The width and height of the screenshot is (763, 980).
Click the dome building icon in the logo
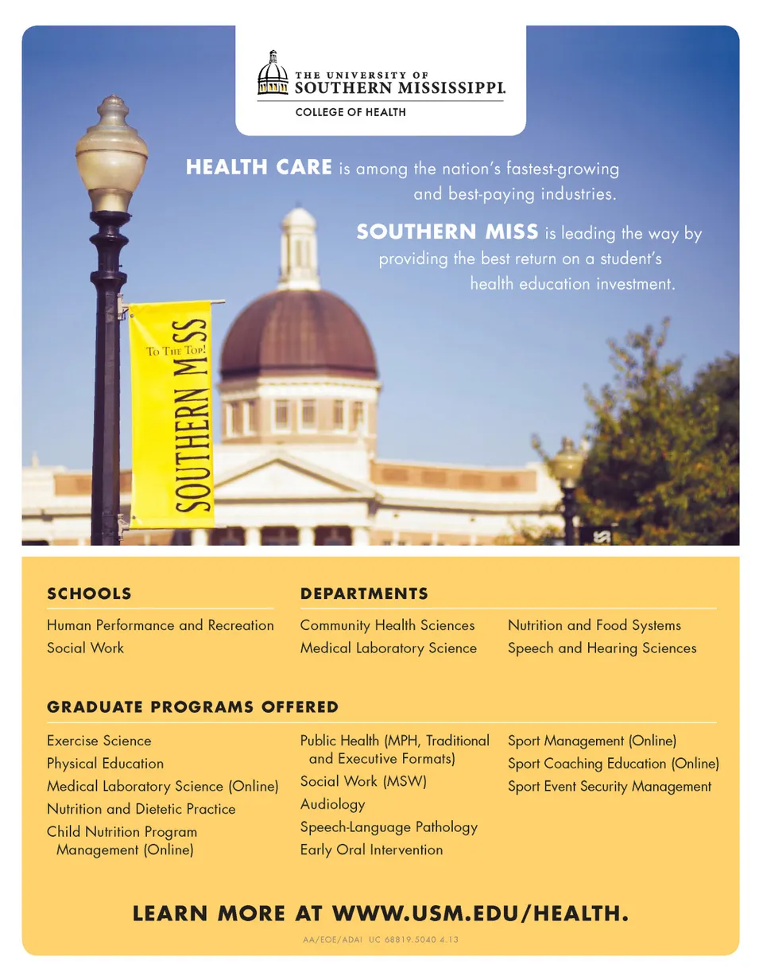pos(273,74)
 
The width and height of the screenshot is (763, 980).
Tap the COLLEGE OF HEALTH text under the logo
pos(350,112)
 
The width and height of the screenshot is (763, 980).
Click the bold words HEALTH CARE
pos(258,169)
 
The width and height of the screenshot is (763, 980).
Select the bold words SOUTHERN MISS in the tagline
pos(447,232)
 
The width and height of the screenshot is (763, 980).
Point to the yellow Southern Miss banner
pos(172,414)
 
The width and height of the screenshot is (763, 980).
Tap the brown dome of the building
pos(297,334)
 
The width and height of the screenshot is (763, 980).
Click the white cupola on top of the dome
pos(300,247)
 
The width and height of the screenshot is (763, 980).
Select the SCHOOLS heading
pos(89,593)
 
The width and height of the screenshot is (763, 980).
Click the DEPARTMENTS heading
pos(364,593)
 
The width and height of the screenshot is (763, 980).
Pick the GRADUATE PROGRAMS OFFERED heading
pos(192,707)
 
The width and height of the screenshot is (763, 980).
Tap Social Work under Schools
pos(86,647)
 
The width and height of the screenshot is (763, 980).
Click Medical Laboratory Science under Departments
pos(388,648)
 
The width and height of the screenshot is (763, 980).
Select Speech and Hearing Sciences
pos(602,648)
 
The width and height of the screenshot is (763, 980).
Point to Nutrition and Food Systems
pos(594,626)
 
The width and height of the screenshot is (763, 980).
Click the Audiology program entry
pos(332,804)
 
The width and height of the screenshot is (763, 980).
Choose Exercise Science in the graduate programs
pos(99,741)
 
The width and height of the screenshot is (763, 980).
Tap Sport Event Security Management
pos(610,787)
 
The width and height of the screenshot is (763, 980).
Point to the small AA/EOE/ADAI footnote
pos(380,940)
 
